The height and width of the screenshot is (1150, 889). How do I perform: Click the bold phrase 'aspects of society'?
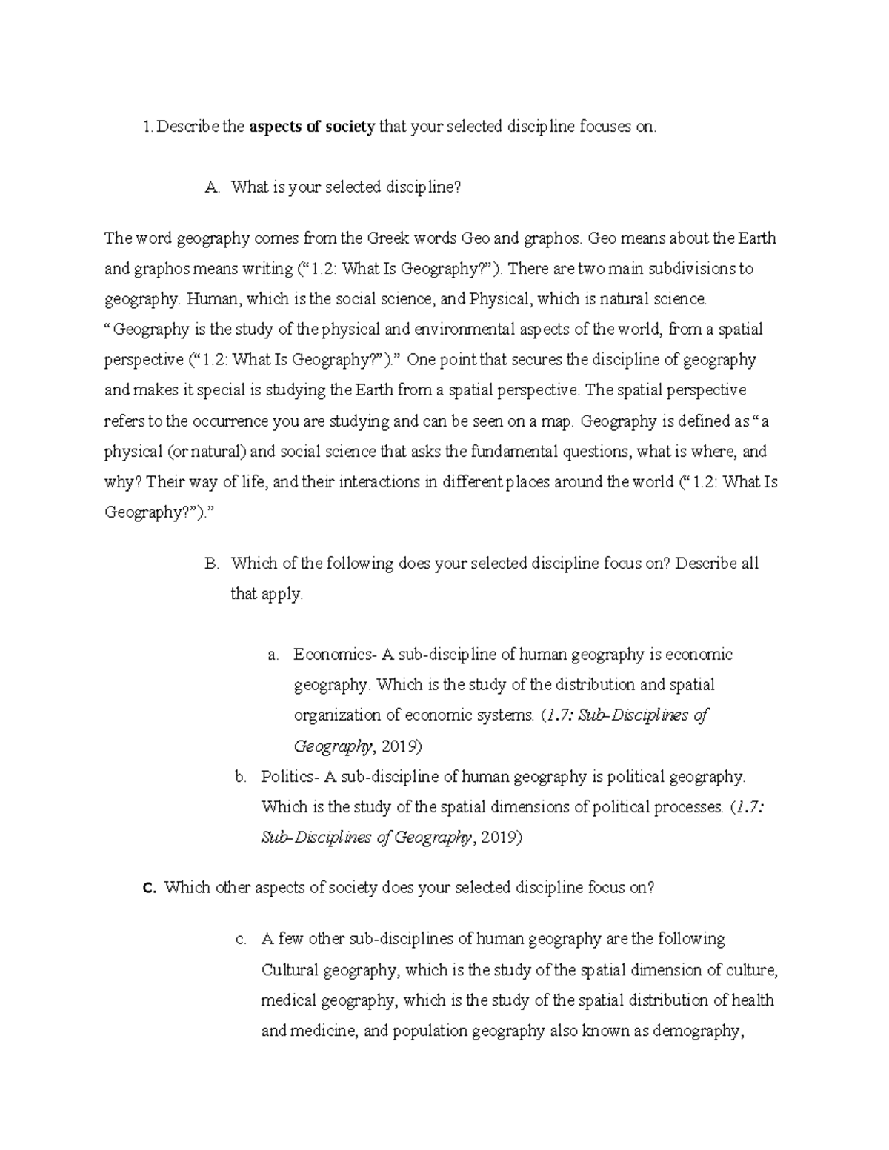pos(312,127)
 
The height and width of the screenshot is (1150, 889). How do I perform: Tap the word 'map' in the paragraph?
pos(558,421)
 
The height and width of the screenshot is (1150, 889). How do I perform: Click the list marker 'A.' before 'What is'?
pos(213,188)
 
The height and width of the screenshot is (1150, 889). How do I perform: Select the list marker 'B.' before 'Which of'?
pos(213,564)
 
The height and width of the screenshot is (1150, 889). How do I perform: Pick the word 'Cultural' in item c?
pos(290,970)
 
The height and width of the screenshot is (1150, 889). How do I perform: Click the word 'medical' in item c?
pos(288,1000)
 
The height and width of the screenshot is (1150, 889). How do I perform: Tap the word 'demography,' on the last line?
pos(698,1031)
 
